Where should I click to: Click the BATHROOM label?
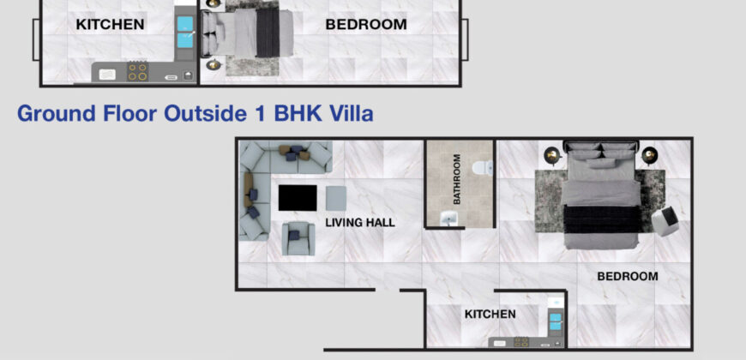tap(457, 179)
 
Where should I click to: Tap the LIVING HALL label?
tap(360, 222)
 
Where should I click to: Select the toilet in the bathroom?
tap(483, 167)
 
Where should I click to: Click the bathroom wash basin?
tap(448, 219)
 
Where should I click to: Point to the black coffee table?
tap(298, 198)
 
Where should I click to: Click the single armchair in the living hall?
tap(298, 238)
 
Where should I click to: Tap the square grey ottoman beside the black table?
tap(336, 198)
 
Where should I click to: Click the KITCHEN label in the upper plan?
tap(110, 24)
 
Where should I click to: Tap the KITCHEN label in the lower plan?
tap(490, 314)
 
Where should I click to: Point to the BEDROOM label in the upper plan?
tap(366, 24)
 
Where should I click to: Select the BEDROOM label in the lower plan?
tap(628, 276)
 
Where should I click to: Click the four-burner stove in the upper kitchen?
tap(137, 72)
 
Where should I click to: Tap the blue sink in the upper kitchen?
tap(185, 32)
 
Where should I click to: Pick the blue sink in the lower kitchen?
tap(556, 321)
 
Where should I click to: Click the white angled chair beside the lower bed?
tap(665, 221)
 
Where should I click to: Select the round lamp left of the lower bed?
tap(553, 155)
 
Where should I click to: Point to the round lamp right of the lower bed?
tap(649, 155)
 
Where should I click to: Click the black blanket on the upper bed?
tap(268, 33)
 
